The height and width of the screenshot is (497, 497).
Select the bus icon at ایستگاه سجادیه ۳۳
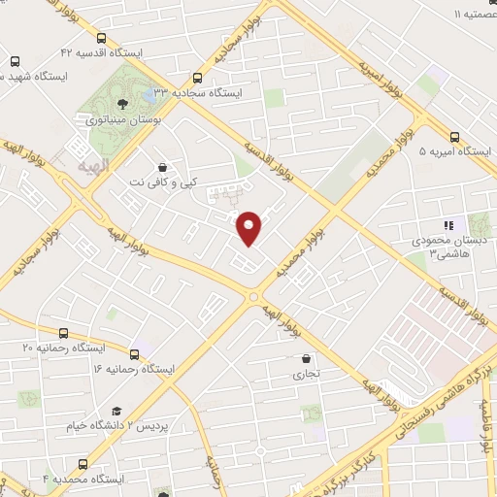198,78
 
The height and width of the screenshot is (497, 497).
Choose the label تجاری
306,373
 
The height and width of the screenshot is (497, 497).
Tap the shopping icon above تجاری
307,357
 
